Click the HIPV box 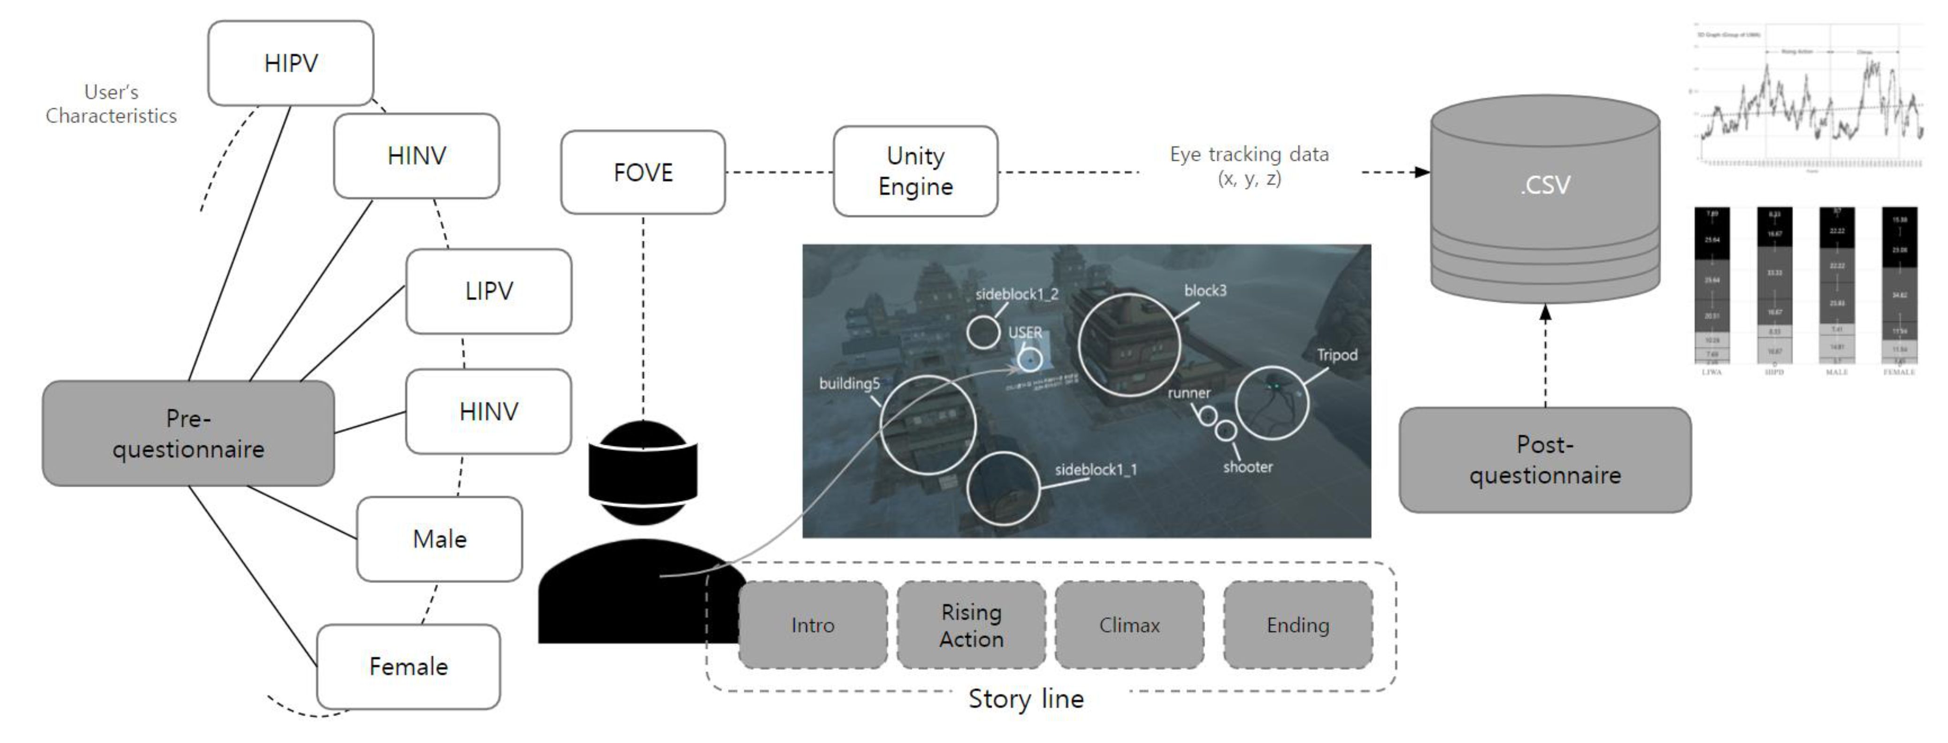pyautogui.click(x=291, y=63)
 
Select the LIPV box pyautogui.click(x=489, y=291)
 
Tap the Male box pyautogui.click(x=439, y=539)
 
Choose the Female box pyautogui.click(x=408, y=666)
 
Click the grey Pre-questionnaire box pyautogui.click(x=188, y=433)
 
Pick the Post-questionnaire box pyautogui.click(x=1544, y=460)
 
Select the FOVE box pyautogui.click(x=643, y=172)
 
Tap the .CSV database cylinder pyautogui.click(x=1545, y=198)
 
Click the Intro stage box pyautogui.click(x=813, y=625)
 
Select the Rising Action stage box pyautogui.click(x=971, y=625)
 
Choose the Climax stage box pyautogui.click(x=1129, y=625)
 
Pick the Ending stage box pyautogui.click(x=1298, y=625)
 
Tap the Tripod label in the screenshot pyautogui.click(x=1337, y=354)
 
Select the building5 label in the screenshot pyautogui.click(x=849, y=383)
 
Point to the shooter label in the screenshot pyautogui.click(x=1248, y=467)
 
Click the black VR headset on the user pyautogui.click(x=643, y=472)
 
